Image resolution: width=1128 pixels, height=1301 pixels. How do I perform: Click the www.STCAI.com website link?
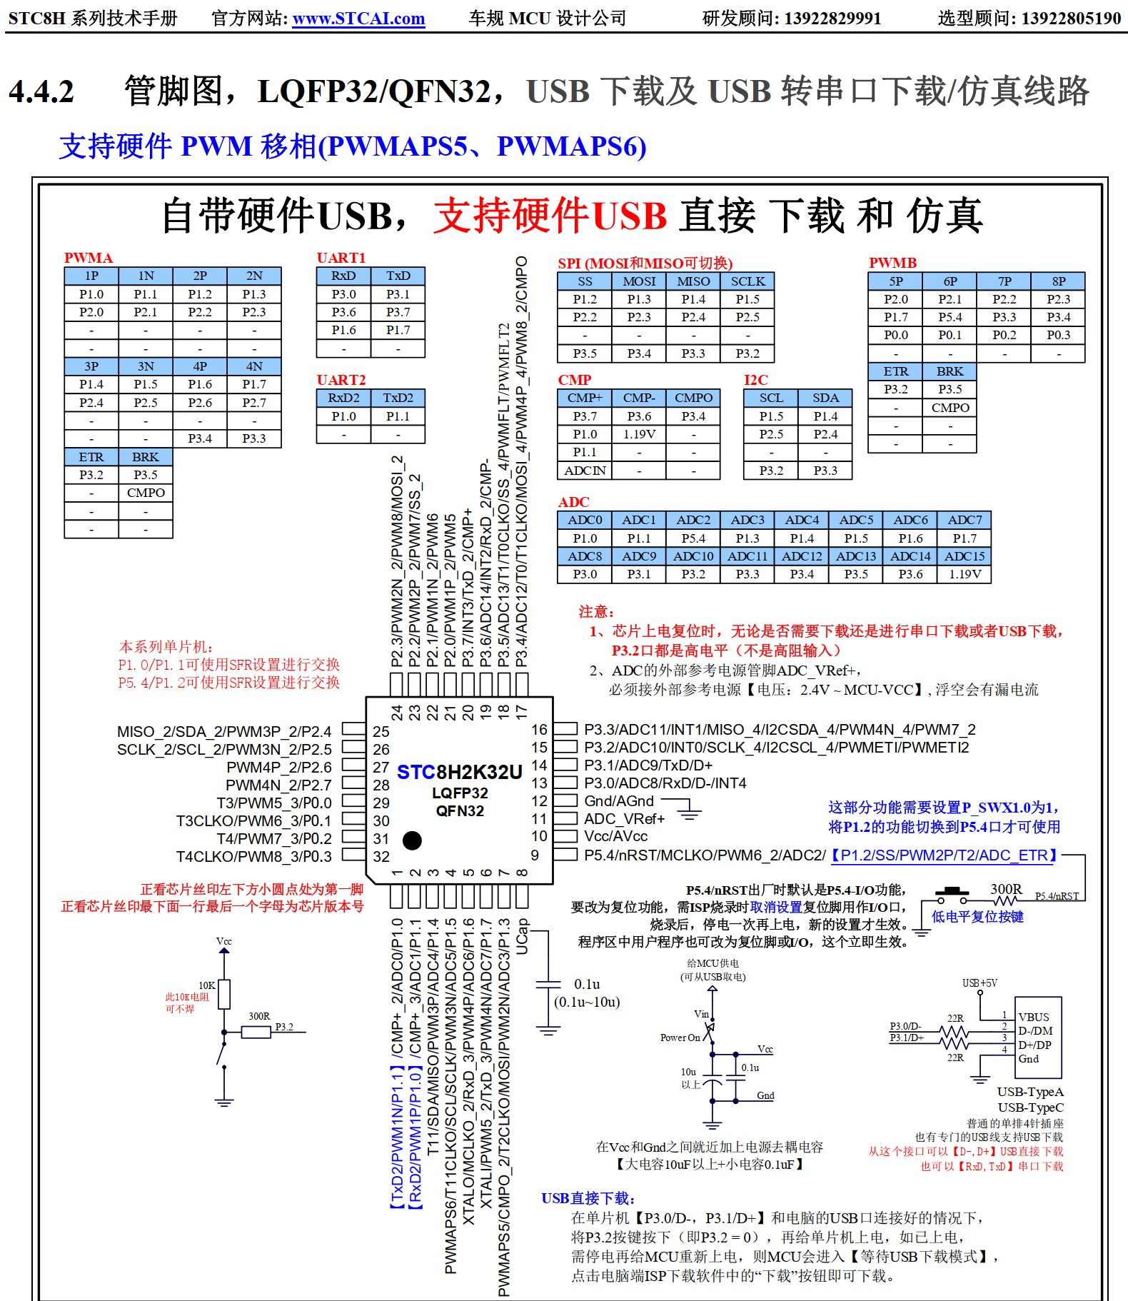tap(358, 19)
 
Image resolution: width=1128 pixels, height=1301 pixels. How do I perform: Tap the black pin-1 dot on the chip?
tap(412, 840)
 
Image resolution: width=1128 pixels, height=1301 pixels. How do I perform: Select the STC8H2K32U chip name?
tap(459, 772)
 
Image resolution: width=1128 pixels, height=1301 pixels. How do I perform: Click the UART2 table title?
tap(341, 380)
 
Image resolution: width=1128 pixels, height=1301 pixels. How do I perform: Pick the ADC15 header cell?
tap(964, 556)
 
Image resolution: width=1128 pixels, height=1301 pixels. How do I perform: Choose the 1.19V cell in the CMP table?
tap(639, 434)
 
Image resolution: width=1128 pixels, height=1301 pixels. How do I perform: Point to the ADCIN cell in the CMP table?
tap(585, 471)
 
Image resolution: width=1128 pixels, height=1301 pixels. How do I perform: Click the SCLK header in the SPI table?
tap(747, 281)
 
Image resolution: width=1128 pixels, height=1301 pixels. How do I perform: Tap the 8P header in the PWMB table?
tap(1058, 281)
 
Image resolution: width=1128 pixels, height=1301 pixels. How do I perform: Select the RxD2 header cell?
tap(343, 398)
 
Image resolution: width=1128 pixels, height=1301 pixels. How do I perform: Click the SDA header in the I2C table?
tap(825, 398)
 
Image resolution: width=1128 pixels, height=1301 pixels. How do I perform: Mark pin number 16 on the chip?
tap(539, 730)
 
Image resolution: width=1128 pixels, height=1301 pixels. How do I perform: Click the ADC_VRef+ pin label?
tap(624, 819)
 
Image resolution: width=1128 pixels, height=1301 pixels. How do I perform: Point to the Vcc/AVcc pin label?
tap(615, 836)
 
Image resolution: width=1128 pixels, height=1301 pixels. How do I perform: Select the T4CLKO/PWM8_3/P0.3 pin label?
tap(253, 856)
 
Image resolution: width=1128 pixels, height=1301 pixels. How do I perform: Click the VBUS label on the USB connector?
tap(1033, 1017)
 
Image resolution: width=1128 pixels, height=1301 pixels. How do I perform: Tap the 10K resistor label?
tap(207, 985)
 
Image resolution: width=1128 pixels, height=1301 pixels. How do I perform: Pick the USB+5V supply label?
tap(980, 983)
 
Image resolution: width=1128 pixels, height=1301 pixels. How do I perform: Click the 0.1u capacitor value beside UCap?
tap(587, 985)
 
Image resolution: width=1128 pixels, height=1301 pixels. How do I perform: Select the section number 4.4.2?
tap(41, 91)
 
